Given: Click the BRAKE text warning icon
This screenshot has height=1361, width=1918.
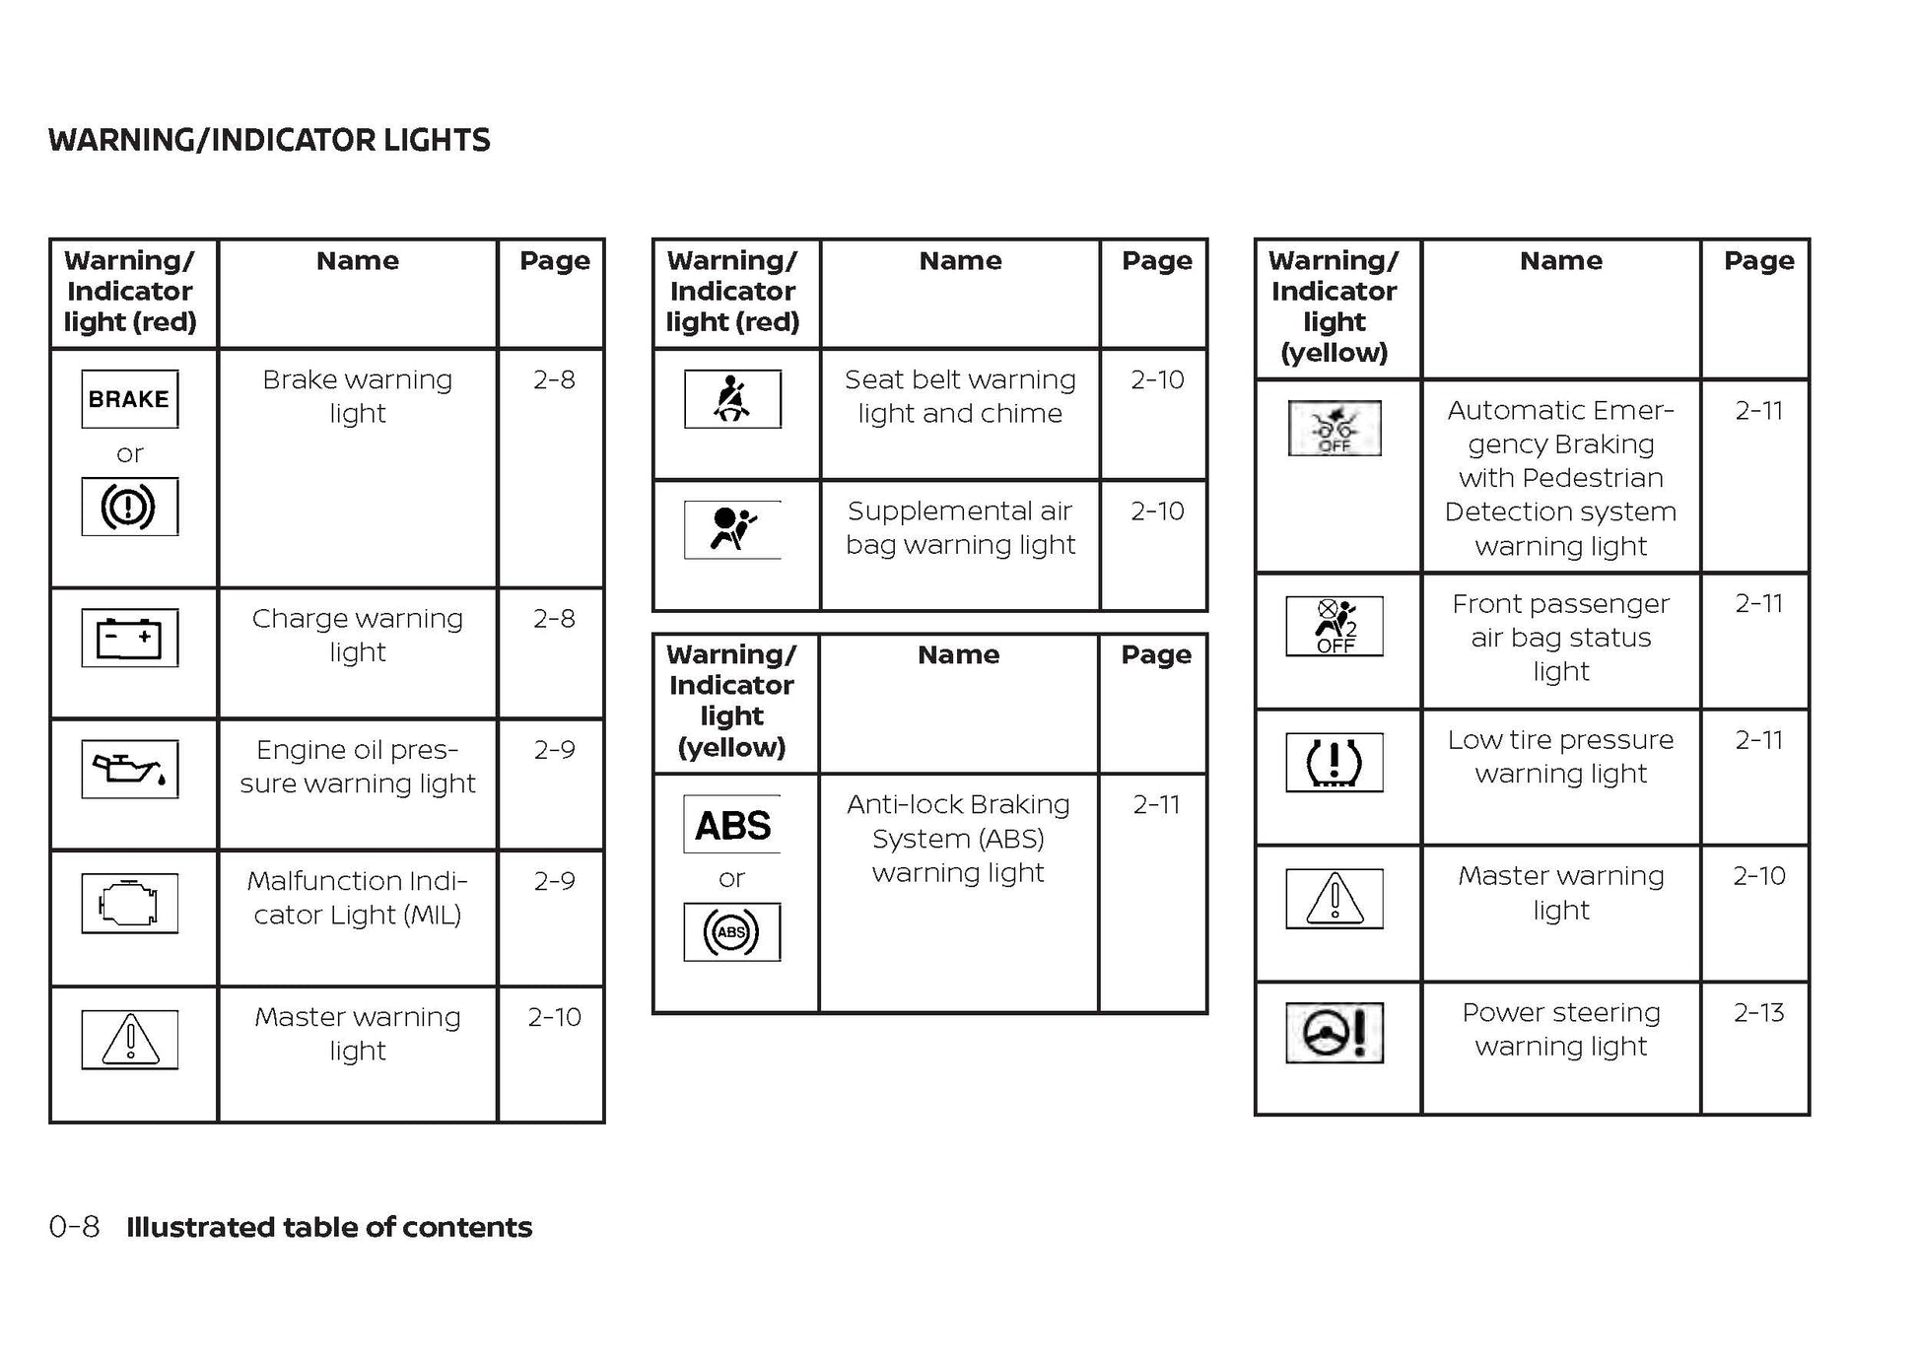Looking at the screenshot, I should [x=129, y=399].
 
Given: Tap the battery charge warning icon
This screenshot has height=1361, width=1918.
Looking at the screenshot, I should [x=129, y=638].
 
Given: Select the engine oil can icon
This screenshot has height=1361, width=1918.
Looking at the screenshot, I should [x=129, y=769].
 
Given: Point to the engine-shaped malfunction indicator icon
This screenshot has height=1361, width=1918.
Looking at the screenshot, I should [x=129, y=903].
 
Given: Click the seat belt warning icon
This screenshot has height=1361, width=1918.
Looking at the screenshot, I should [x=732, y=399].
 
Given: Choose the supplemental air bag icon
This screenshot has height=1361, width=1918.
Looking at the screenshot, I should [x=732, y=529].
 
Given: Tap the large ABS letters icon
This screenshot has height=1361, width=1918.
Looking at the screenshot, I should [x=732, y=825].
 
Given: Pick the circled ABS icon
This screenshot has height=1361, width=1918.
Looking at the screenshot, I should [x=731, y=931].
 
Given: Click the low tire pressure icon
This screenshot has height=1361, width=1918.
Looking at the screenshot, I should [x=1334, y=762].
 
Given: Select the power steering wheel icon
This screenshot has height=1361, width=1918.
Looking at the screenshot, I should [x=1334, y=1033].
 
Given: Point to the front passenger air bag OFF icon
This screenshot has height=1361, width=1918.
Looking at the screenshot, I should [x=1334, y=626].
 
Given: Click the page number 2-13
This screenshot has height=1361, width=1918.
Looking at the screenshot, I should [x=1758, y=1012].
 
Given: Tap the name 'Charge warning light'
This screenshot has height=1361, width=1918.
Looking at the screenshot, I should [x=357, y=635].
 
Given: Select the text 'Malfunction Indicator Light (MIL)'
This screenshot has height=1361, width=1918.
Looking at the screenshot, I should [x=357, y=897].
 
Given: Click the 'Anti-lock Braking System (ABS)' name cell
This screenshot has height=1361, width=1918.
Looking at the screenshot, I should [x=958, y=838].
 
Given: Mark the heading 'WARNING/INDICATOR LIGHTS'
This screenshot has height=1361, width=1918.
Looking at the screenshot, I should [x=269, y=140].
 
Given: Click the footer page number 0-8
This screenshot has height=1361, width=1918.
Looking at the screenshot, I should [x=74, y=1227].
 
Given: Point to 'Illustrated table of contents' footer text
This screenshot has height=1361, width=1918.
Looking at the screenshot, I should [x=329, y=1227].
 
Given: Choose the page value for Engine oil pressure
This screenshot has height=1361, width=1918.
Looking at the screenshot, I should [x=554, y=750].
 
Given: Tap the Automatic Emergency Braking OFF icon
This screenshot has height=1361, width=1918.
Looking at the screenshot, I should [x=1334, y=428].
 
